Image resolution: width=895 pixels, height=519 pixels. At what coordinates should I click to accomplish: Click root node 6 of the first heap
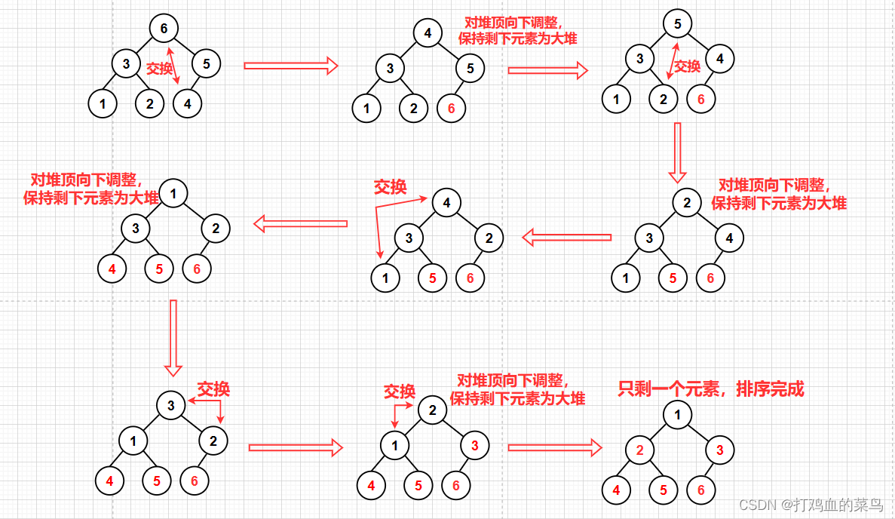point(163,29)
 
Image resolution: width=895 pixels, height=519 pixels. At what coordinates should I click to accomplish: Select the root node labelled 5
point(677,24)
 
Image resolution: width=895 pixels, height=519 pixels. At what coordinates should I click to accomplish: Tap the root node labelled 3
point(171,406)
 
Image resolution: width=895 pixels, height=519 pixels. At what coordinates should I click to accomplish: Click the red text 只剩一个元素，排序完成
point(711,389)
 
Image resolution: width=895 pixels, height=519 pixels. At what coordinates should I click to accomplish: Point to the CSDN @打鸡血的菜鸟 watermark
point(811,504)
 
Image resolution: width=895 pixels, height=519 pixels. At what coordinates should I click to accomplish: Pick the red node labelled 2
point(639,451)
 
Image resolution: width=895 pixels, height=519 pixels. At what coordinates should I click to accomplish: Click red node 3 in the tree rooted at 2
point(474,446)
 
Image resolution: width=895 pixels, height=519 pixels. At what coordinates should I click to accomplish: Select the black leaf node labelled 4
point(188,103)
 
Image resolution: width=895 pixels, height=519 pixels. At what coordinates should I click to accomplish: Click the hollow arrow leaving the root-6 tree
point(290,66)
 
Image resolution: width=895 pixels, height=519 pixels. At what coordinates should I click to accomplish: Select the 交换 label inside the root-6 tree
point(159,68)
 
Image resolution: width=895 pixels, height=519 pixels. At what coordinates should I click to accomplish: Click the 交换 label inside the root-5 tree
point(687,66)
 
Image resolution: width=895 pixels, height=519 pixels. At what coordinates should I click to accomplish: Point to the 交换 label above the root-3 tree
point(213,389)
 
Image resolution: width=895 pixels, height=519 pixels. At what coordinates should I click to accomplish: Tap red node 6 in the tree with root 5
point(701,98)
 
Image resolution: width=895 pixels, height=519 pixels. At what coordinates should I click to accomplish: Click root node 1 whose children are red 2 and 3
point(677,414)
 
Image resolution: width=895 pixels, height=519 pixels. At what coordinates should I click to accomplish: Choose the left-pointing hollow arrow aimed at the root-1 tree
point(299,223)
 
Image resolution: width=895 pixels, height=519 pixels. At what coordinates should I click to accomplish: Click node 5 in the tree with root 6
point(206,63)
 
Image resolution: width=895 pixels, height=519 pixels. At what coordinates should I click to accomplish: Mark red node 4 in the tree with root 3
point(109,480)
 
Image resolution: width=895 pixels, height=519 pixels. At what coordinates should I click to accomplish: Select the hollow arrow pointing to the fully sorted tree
point(554,447)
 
